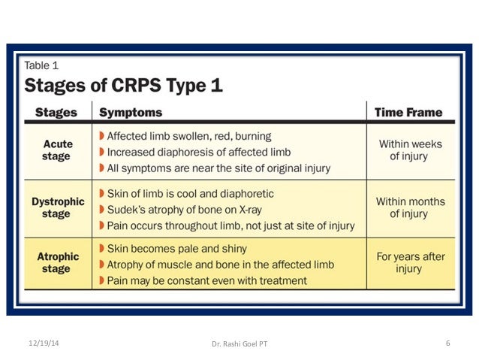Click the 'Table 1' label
pyautogui.click(x=42, y=65)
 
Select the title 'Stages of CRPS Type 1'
pyautogui.click(x=123, y=85)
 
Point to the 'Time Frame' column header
pyautogui.click(x=408, y=113)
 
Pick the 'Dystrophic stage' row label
pyautogui.click(x=56, y=207)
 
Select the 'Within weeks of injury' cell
pyautogui.click(x=410, y=150)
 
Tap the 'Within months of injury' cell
pyautogui.click(x=410, y=207)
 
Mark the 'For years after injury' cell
pyautogui.click(x=410, y=262)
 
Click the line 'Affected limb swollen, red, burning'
pyautogui.click(x=189, y=137)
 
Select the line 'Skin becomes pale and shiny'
pyautogui.click(x=176, y=248)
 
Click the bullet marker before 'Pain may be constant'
pyautogui.click(x=101, y=280)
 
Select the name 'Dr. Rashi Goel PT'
pyautogui.click(x=239, y=344)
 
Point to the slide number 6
pyautogui.click(x=447, y=343)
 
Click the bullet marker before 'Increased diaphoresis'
pyautogui.click(x=101, y=151)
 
